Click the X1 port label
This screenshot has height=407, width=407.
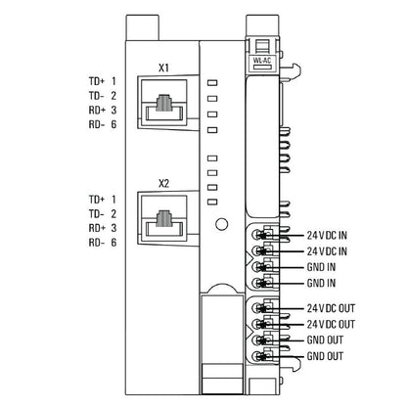click(164, 68)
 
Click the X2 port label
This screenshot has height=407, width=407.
click(164, 182)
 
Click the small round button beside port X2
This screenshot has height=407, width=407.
click(222, 223)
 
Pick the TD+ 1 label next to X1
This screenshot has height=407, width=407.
click(102, 81)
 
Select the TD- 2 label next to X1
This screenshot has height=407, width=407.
click(102, 96)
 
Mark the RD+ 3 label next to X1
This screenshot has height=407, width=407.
click(102, 111)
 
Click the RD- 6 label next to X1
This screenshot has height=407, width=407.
click(102, 125)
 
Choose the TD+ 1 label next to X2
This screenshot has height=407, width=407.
click(102, 199)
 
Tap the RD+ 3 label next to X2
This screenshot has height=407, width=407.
click(102, 227)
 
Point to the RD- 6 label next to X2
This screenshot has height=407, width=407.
click(102, 242)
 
